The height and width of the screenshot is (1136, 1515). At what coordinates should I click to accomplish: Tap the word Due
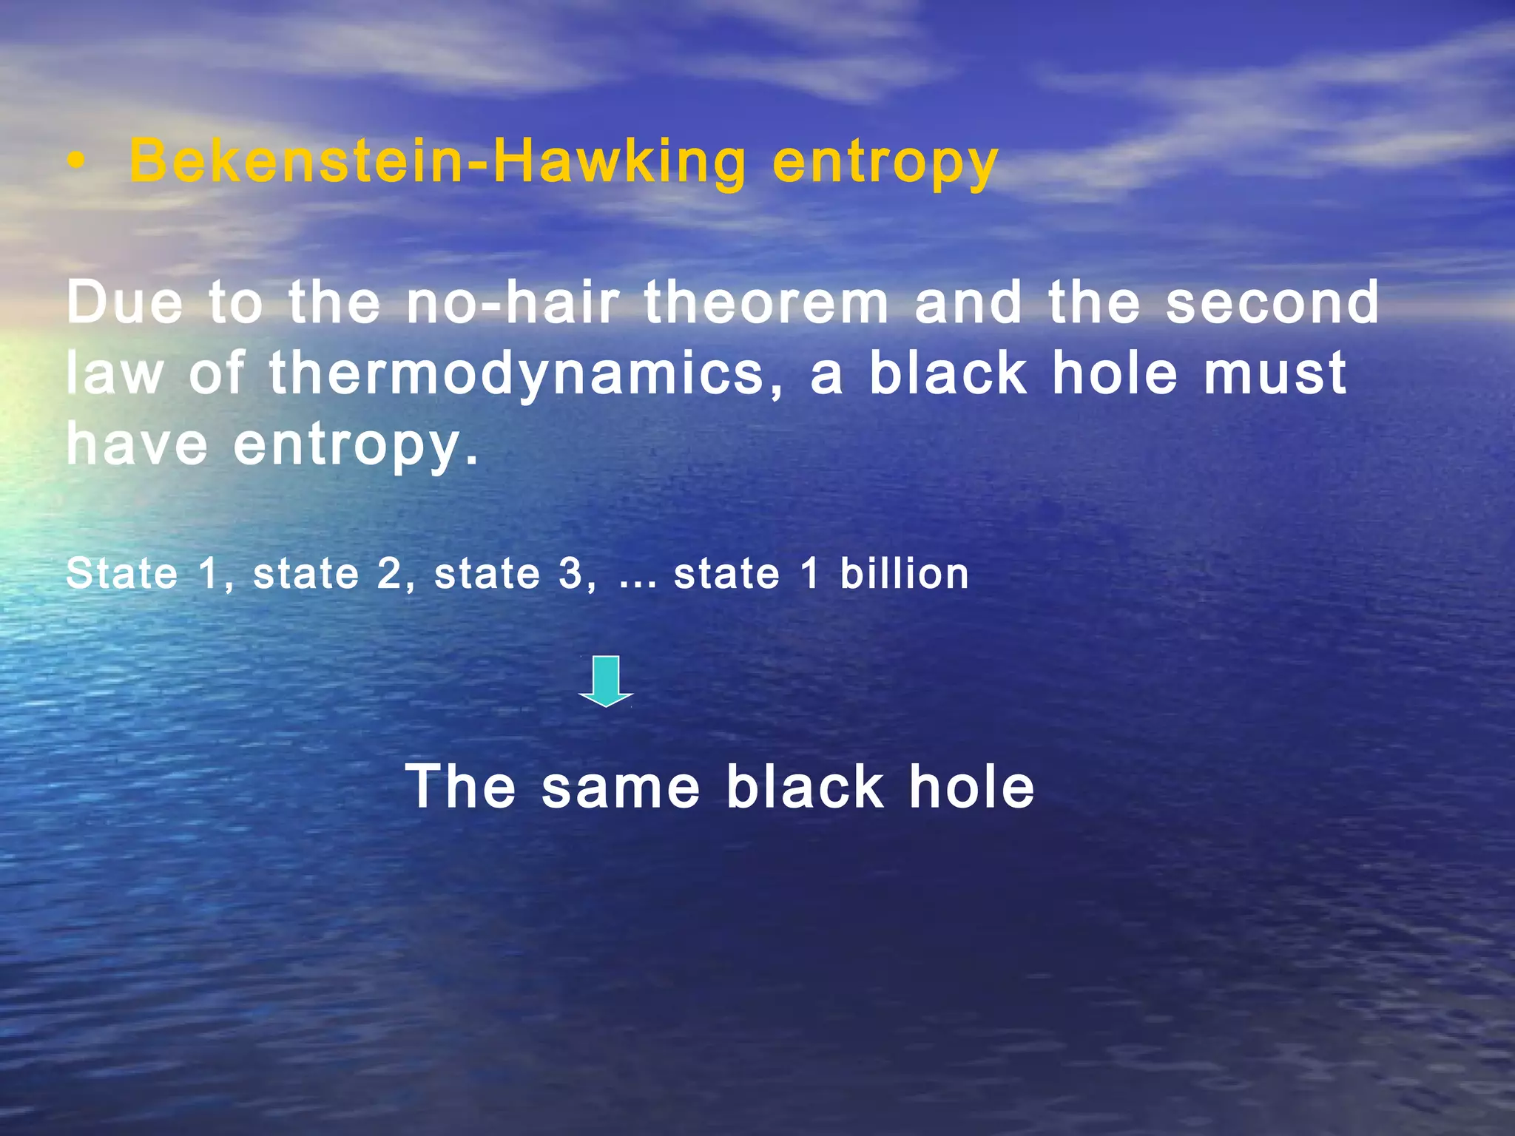point(124,302)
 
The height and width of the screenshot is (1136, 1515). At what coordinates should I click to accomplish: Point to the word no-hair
point(513,302)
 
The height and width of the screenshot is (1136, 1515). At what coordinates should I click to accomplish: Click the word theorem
point(766,302)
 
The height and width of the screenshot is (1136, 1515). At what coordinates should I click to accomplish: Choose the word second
point(1272,302)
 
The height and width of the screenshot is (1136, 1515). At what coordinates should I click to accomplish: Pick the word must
point(1274,373)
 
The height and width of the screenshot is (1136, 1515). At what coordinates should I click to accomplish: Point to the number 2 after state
point(390,575)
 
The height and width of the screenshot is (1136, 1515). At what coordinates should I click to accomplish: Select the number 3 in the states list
point(571,575)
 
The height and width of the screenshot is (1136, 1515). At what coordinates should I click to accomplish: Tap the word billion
point(904,574)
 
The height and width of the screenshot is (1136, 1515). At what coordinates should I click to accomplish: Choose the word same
point(621,787)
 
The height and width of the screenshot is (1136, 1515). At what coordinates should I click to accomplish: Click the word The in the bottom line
point(461,786)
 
